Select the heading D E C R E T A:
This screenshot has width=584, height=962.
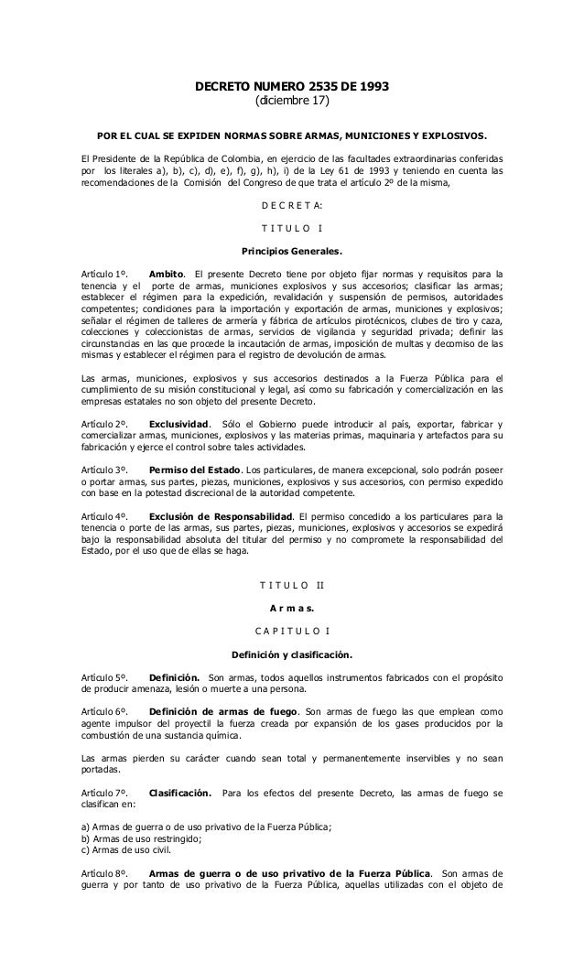pos(292,204)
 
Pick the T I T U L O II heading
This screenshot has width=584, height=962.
pos(292,586)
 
